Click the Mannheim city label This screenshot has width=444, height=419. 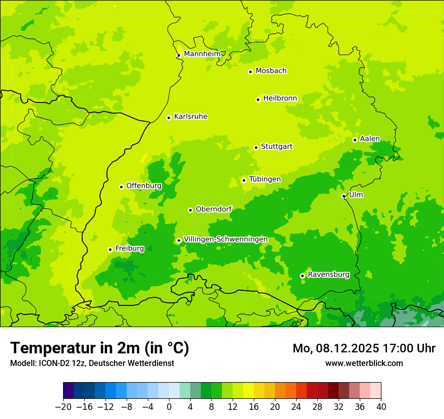[202, 54]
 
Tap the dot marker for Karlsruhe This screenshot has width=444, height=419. [169, 118]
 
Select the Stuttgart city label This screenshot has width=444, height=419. [276, 147]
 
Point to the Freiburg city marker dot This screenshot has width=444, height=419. [110, 249]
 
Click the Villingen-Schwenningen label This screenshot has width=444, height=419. [226, 239]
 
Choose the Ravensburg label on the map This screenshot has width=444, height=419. [328, 275]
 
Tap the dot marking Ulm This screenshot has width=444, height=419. [344, 196]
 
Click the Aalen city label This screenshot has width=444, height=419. [370, 139]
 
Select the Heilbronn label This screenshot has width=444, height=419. [280, 98]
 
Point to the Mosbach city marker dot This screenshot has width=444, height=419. [250, 72]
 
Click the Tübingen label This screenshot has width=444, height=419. [265, 179]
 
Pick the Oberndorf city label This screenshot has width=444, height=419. [213, 209]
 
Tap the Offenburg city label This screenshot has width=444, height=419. [144, 186]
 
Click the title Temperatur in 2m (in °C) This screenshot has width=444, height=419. [99, 348]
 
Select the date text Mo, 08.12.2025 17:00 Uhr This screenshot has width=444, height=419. [364, 348]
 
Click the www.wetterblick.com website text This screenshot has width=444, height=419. [364, 363]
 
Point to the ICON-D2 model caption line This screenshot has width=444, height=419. [92, 363]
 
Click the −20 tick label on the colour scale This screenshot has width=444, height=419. [63, 407]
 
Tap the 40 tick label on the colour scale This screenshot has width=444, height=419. [381, 407]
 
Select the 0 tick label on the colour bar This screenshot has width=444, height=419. [169, 407]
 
